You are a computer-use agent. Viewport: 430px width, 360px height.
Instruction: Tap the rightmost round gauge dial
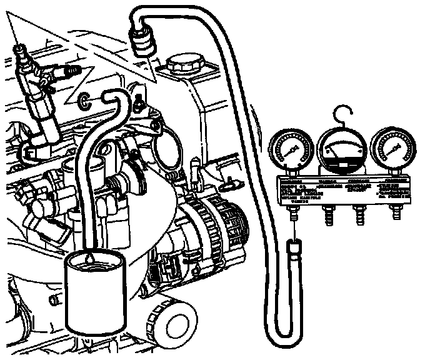[x=392, y=149]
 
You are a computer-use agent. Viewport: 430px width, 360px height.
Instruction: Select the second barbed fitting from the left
[x=325, y=215]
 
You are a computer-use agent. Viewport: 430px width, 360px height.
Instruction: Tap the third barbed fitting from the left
[x=359, y=215]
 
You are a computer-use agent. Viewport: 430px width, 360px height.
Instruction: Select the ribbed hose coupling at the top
[x=142, y=42]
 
